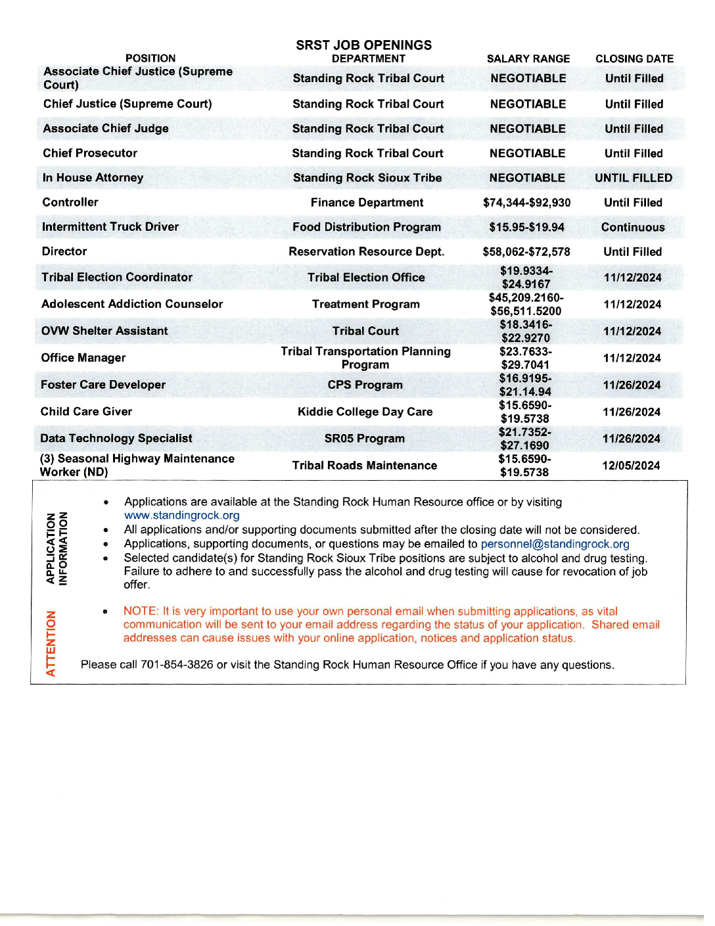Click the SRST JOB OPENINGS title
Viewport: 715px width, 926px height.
pos(363,45)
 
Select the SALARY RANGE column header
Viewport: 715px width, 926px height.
pos(528,59)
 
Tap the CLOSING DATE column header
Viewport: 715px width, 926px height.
pos(634,59)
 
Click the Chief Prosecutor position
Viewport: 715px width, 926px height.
pos(90,153)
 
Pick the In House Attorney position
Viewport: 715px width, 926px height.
pos(93,178)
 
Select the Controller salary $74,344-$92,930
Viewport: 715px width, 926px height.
pos(526,203)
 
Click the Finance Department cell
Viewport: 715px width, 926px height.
pos(367,203)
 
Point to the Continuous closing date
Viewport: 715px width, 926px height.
pos(633,228)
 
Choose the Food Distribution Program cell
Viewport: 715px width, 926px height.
pos(367,227)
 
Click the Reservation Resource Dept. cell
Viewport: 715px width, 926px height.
pos(367,252)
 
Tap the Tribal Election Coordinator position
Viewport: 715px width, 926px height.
pos(117,278)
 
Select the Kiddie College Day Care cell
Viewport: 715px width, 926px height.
pos(365,412)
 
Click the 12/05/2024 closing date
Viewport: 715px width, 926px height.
pos(631,466)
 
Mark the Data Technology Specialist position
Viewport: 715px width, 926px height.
pos(116,439)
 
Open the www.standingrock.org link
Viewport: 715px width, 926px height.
pos(182,516)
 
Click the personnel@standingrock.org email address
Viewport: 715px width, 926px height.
pos(555,544)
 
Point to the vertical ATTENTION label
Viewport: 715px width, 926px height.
pos(51,643)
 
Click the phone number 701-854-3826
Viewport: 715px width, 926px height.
pos(177,665)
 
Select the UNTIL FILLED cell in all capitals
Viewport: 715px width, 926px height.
pos(634,178)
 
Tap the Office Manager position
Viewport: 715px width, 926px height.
pos(83,358)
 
